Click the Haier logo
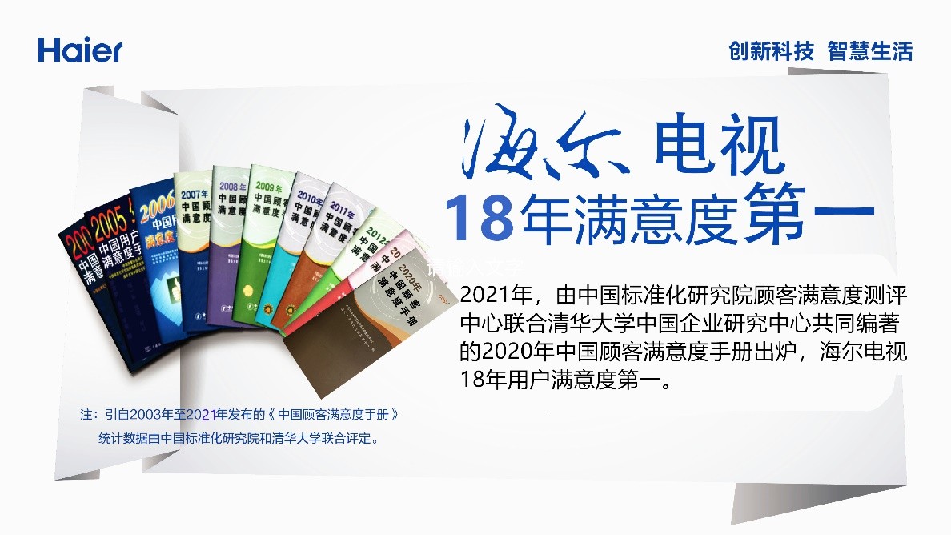(80, 50)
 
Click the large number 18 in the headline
(479, 217)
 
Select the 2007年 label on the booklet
(195, 194)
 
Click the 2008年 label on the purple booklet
(232, 188)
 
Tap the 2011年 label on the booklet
(340, 212)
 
